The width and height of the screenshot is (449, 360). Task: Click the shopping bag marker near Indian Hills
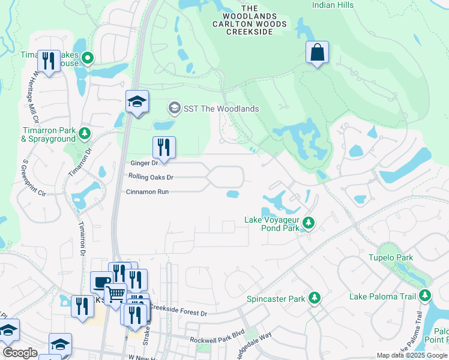click(x=317, y=53)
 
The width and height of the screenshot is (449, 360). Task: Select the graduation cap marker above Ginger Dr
click(x=137, y=102)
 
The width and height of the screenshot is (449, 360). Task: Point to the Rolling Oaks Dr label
click(x=151, y=177)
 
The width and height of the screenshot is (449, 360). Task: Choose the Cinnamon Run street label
click(x=147, y=192)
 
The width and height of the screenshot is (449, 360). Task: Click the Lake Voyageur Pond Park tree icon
click(x=309, y=223)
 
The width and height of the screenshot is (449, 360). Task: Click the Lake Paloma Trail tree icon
click(x=426, y=295)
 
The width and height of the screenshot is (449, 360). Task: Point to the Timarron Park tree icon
click(x=85, y=133)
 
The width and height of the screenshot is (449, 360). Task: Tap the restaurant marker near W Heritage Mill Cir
click(x=49, y=61)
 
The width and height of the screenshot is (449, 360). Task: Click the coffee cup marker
click(x=101, y=282)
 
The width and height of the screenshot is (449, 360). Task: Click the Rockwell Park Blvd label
click(x=217, y=339)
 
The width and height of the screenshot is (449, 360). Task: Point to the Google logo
click(x=20, y=353)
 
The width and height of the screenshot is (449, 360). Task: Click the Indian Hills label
click(x=333, y=5)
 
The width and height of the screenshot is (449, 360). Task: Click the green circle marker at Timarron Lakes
click(x=88, y=59)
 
